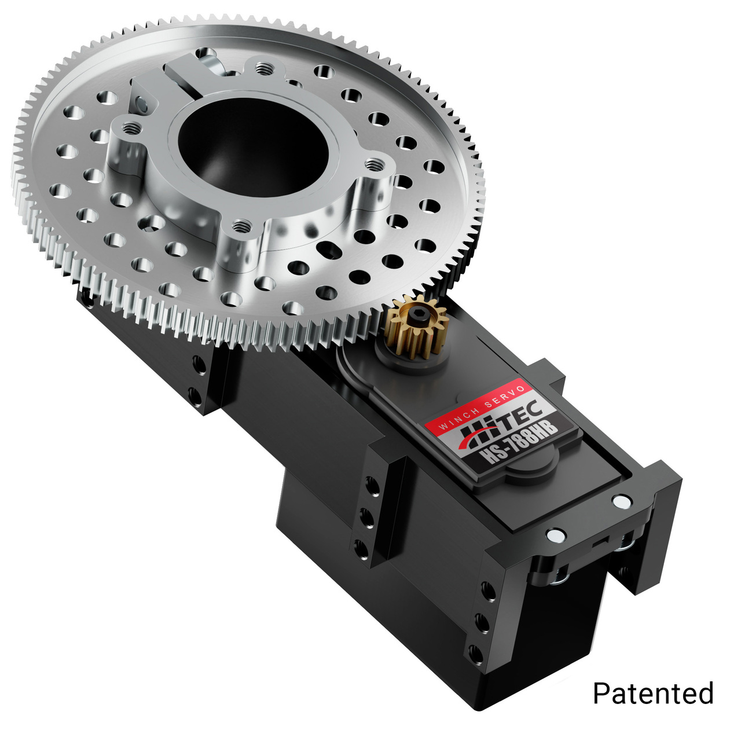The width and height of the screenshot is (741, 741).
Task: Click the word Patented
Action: (x=653, y=693)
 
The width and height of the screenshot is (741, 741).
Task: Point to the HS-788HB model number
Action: (x=515, y=442)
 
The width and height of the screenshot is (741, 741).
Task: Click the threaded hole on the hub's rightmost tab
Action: (x=375, y=164)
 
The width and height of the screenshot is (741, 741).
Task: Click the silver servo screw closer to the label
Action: (x=555, y=535)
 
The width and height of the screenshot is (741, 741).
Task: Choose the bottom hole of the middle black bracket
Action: (x=361, y=547)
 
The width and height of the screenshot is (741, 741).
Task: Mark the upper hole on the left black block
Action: (x=199, y=364)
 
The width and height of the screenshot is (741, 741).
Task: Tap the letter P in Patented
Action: (x=601, y=693)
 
